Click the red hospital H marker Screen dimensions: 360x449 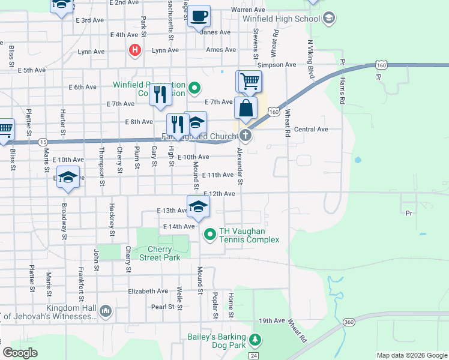pos(136,50)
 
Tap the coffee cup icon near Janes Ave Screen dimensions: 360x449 pos(199,16)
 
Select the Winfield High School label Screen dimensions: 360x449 pos(281,19)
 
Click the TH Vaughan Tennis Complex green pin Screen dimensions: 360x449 pos(210,234)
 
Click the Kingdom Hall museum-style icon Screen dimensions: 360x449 pos(106,311)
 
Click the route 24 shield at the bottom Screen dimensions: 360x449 pos(255,356)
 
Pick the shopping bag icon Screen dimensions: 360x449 pos(246,109)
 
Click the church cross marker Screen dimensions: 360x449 pos(246,134)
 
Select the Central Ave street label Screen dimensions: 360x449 pos(311,129)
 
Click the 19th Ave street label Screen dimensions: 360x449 pos(271,320)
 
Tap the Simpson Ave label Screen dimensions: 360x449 pos(277,65)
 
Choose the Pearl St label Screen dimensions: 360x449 pos(162,307)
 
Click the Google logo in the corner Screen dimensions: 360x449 pos(20,353)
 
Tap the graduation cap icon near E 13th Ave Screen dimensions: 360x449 pos(198,207)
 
